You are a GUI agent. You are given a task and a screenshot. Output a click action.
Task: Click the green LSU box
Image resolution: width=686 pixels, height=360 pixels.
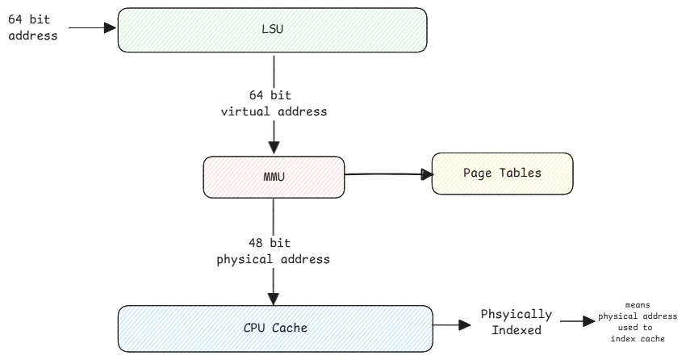(x=272, y=31)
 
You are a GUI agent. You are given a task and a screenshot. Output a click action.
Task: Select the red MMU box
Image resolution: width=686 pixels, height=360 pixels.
(x=274, y=174)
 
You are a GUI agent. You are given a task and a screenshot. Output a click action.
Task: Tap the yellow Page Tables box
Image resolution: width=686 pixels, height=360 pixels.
(x=502, y=174)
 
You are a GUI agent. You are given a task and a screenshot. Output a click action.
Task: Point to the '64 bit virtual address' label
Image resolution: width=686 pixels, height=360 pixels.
(x=274, y=103)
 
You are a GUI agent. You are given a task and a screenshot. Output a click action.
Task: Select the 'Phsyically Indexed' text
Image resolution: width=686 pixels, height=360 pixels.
(x=517, y=320)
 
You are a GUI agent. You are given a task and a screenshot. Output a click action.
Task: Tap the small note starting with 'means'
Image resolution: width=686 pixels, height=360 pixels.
(x=638, y=320)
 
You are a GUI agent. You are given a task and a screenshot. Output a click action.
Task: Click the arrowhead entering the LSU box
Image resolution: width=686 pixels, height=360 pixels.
(x=111, y=27)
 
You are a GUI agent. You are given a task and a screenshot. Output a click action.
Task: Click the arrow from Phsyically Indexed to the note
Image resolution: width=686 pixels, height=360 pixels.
(x=577, y=321)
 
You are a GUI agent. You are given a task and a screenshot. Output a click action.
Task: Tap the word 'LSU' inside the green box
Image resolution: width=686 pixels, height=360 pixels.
(x=273, y=31)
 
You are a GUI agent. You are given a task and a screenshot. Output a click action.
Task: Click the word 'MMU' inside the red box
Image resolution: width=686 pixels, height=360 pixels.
(x=274, y=174)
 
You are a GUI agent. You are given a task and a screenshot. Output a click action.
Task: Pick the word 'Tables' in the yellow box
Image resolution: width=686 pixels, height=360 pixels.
(x=521, y=174)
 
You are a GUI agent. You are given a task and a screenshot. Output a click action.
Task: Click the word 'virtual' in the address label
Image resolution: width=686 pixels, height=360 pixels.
(x=245, y=111)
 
